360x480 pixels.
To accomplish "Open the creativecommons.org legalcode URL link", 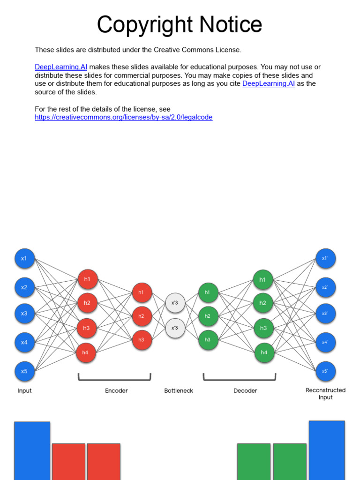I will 123,117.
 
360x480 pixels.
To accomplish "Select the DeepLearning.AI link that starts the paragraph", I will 61,67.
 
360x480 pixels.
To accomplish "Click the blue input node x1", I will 24,258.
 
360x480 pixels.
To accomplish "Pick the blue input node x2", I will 24,287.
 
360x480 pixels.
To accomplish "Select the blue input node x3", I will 24,313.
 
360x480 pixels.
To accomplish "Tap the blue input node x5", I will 24,371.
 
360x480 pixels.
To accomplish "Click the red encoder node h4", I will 86,352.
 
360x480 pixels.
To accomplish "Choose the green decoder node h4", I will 264,352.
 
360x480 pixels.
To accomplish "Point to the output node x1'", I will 325,258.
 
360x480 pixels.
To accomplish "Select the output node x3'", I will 325,313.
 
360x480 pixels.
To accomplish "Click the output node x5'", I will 325,371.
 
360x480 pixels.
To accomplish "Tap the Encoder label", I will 116,390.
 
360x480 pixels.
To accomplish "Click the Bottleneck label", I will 179,390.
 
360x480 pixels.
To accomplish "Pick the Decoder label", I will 245,390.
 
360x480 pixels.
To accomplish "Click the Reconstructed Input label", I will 325,394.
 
